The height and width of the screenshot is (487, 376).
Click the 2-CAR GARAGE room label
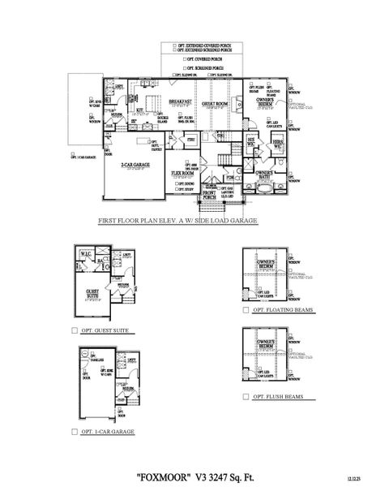pos(133,165)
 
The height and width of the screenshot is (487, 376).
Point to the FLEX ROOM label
pos(182,174)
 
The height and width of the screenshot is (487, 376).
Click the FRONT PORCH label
pos(210,194)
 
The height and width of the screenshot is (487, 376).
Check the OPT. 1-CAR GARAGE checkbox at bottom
pos(75,432)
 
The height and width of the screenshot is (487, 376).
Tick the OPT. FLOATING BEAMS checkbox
pos(245,310)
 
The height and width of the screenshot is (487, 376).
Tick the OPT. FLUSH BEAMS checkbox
pos(245,397)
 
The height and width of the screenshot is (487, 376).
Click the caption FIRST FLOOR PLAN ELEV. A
pos(177,220)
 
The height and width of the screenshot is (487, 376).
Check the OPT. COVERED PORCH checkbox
pos(183,59)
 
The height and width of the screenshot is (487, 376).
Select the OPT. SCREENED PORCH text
pos(206,67)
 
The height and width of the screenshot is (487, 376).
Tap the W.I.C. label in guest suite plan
pos(84,253)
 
